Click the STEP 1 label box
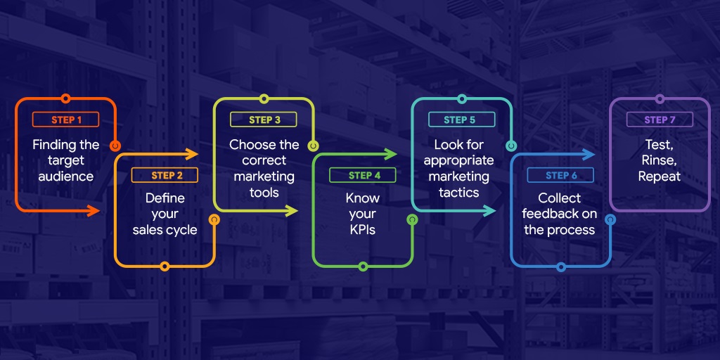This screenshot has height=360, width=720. coord(65,120)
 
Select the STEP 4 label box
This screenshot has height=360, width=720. coord(363,175)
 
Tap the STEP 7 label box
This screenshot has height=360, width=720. coord(660,120)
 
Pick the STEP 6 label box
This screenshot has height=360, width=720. coord(560,175)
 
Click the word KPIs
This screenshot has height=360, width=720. coord(363,230)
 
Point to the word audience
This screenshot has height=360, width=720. coord(65,176)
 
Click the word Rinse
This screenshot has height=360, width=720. coord(660,161)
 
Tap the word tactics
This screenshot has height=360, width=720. coord(459,193)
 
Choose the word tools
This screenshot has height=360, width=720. coord(264,193)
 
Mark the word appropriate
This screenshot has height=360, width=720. coord(459,161)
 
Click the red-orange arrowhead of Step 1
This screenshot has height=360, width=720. coord(94,211)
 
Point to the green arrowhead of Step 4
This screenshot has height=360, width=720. coord(391,154)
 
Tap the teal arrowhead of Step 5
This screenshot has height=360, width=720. coord(490,211)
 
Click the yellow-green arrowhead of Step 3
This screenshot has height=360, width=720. coord(292,211)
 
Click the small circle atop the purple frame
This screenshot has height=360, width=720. coord(660,98)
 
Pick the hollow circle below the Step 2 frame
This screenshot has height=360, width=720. coord(165,266)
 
